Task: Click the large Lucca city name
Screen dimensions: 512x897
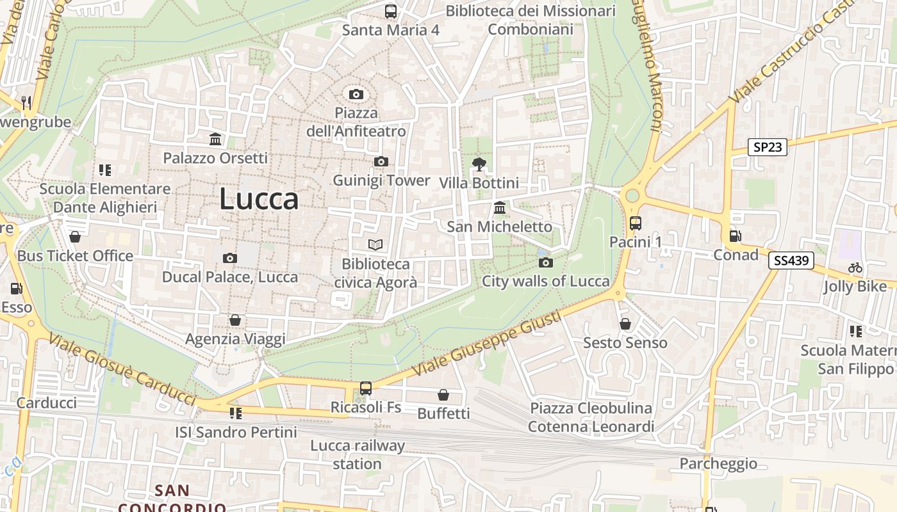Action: point(259,199)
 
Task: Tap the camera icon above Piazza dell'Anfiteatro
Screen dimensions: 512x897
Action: point(356,95)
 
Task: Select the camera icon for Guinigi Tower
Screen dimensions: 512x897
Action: point(381,161)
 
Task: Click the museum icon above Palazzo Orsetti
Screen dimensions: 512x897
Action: point(215,139)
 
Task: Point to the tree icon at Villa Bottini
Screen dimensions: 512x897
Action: point(479,164)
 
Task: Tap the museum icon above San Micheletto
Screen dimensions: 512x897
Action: point(499,208)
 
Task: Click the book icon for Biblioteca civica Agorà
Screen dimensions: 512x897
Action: point(375,244)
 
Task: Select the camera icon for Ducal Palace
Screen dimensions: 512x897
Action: point(229,259)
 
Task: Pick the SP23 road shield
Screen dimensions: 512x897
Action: point(768,147)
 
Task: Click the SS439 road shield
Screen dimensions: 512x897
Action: point(791,260)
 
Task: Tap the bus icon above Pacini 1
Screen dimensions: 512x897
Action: point(635,223)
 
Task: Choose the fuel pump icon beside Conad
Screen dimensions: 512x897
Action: point(736,236)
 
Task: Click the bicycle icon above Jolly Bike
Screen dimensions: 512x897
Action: point(855,268)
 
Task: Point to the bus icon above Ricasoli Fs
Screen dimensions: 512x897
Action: point(365,388)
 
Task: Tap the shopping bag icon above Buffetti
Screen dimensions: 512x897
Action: point(443,395)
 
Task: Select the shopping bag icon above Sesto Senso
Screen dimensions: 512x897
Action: point(625,324)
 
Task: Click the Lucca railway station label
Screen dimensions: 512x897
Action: point(357,454)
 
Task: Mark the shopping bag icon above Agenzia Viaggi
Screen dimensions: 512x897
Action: point(235,320)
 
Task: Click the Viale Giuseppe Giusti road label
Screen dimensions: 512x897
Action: point(487,344)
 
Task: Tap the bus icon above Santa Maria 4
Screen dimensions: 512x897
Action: point(390,12)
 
